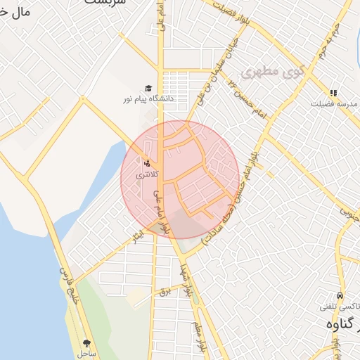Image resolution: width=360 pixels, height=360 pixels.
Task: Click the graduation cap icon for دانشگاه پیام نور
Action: click(x=148, y=88)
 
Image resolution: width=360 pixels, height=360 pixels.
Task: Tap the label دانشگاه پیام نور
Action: click(x=149, y=99)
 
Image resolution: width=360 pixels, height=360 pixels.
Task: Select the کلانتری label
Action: click(x=148, y=174)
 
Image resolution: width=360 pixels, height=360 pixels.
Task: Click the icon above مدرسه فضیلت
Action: click(x=333, y=92)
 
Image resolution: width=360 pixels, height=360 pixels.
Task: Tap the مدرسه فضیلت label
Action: click(x=335, y=103)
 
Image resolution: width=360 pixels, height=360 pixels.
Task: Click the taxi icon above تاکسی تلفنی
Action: click(x=340, y=296)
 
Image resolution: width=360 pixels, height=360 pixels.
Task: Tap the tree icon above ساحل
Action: click(x=86, y=343)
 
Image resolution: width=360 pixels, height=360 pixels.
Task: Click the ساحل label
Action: click(x=87, y=354)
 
